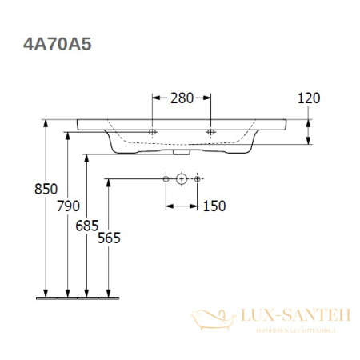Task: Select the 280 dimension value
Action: click(182, 98)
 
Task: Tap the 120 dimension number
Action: click(309, 98)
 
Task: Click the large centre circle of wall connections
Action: click(182, 179)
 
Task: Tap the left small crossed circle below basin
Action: click(166, 179)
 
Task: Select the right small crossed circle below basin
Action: click(196, 179)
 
